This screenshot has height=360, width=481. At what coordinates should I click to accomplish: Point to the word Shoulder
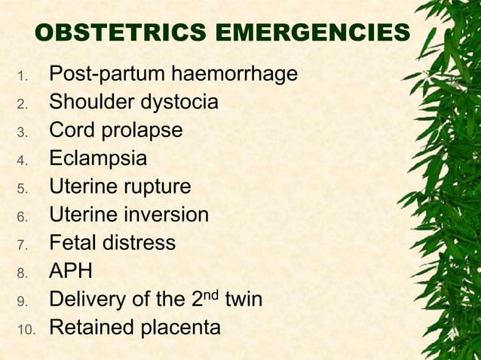click(x=90, y=102)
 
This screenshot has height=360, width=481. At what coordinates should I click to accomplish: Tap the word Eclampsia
click(x=98, y=159)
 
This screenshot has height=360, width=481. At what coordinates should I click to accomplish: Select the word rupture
click(x=160, y=187)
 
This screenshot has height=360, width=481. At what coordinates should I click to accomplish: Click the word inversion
click(x=164, y=215)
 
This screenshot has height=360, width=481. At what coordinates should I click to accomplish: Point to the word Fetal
click(x=72, y=243)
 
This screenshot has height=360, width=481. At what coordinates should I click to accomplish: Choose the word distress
click(x=139, y=243)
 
